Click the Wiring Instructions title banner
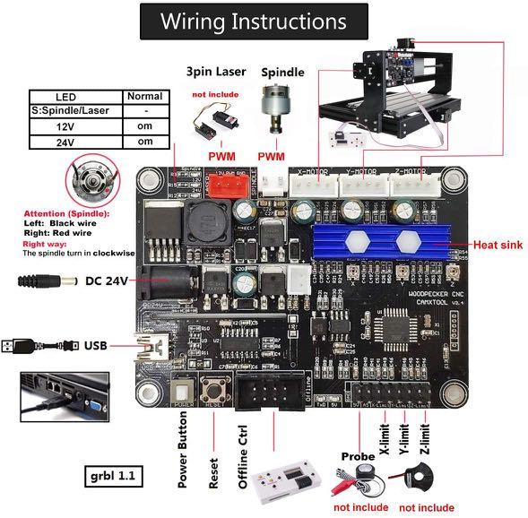[x=253, y=22]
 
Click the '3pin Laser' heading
[x=215, y=71]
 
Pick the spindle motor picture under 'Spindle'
[x=281, y=113]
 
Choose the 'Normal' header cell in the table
[x=144, y=96]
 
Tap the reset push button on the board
[x=216, y=391]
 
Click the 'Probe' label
[x=358, y=456]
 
